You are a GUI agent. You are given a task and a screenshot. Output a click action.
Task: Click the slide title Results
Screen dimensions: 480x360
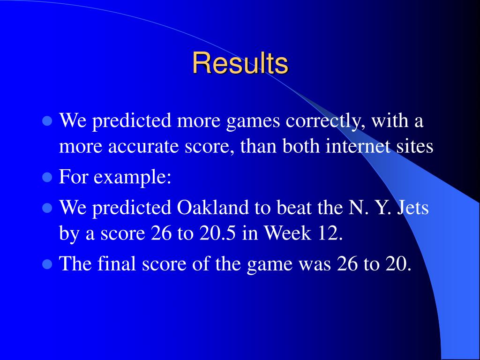240,63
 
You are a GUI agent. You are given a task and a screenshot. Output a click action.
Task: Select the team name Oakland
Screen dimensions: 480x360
213,207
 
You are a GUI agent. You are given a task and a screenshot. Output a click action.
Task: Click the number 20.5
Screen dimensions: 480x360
217,233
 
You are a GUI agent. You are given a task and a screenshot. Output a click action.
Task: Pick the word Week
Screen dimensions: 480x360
287,233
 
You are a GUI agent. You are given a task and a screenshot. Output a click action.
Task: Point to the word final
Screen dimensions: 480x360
117,263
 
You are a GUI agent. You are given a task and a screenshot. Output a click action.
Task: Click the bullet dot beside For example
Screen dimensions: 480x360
47,177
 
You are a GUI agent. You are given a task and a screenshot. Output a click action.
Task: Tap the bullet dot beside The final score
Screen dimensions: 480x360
47,263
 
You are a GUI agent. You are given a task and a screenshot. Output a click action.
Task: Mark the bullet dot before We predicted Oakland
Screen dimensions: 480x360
47,208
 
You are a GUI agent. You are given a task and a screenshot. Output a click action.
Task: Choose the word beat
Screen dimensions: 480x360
294,207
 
